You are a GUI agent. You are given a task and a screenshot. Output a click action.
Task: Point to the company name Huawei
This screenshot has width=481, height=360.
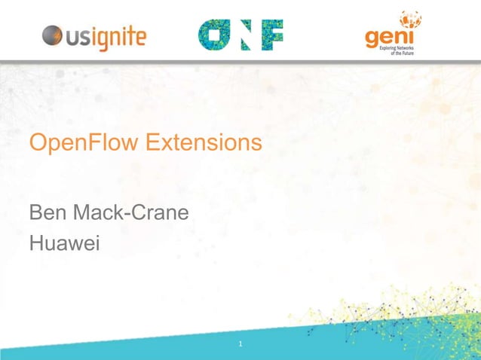pos(65,244)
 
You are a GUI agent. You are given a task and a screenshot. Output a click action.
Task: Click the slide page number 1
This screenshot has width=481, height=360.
pos(240,344)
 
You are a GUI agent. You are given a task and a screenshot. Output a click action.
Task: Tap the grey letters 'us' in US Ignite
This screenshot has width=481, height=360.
pos(80,36)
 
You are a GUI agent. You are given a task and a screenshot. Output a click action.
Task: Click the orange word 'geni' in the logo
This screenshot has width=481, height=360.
pos(384,38)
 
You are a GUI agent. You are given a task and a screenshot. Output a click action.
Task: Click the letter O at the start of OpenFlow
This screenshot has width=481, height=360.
pos(38,142)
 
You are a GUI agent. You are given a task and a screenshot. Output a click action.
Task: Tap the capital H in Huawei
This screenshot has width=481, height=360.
pos(37,244)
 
